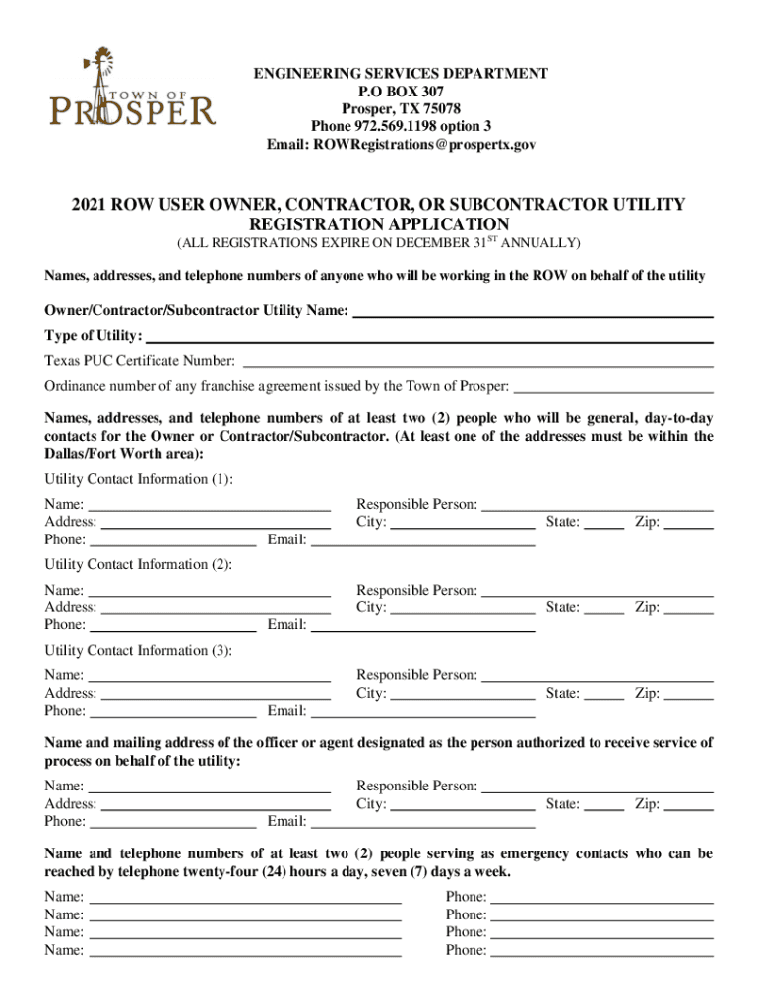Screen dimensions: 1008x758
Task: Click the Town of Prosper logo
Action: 133,89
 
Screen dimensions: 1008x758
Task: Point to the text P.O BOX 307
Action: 401,92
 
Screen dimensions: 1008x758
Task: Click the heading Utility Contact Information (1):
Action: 139,479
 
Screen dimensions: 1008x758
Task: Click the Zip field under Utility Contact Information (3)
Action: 689,693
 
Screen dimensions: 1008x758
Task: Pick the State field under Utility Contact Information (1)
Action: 603,522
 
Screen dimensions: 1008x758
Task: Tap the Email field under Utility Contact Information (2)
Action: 423,624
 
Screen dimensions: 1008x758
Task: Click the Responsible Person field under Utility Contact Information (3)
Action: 597,675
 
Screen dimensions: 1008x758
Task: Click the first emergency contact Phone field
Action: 601,896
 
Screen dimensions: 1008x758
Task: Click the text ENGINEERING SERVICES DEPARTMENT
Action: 401,74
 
